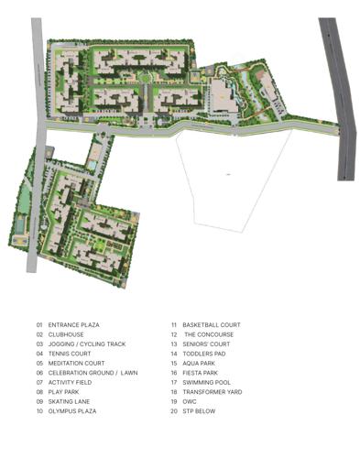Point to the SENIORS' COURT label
coord(205,344)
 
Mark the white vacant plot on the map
coord(224,174)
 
